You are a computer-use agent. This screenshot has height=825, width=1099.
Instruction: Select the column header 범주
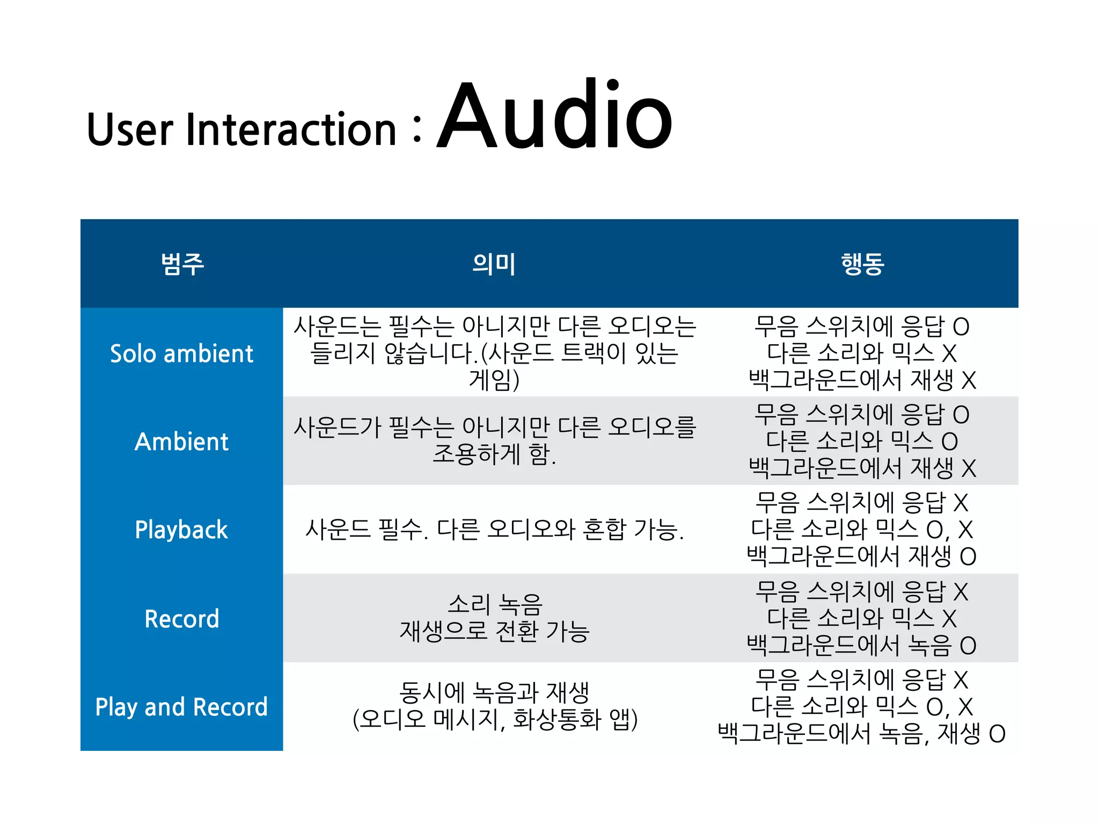click(x=182, y=264)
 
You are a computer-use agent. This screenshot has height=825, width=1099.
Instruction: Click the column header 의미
click(x=494, y=264)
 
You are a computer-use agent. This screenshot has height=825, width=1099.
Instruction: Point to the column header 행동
click(x=862, y=264)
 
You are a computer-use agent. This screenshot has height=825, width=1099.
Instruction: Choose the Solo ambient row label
click(x=181, y=353)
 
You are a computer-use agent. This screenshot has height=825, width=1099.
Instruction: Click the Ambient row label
click(x=181, y=442)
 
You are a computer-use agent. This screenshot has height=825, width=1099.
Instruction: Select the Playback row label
click(x=181, y=530)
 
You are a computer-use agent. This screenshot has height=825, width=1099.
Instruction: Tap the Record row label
click(x=181, y=619)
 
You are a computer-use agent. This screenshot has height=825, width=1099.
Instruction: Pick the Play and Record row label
click(x=181, y=707)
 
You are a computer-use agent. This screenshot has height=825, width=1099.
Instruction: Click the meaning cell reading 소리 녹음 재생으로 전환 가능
click(x=494, y=618)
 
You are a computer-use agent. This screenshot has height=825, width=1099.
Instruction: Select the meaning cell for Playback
click(x=494, y=530)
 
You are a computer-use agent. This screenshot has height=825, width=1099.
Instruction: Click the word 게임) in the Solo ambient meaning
click(x=494, y=380)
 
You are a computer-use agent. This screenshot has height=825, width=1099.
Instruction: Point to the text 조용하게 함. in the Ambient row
click(x=494, y=454)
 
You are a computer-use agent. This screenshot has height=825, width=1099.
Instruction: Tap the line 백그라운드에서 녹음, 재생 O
click(x=861, y=733)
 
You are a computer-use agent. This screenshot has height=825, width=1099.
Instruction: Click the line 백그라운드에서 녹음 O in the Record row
click(x=861, y=645)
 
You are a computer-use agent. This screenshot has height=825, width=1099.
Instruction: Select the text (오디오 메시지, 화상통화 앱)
click(x=494, y=720)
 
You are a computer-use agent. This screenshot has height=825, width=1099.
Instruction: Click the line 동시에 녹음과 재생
click(x=494, y=693)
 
